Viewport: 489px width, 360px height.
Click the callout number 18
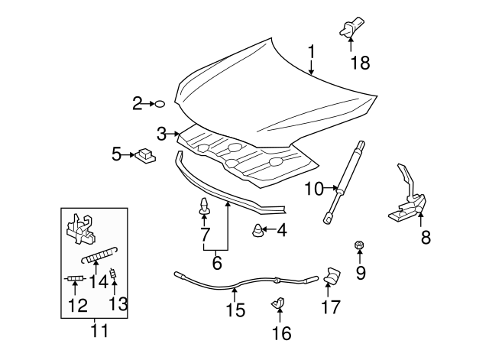pyautogui.click(x=359, y=63)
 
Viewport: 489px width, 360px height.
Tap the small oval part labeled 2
pyautogui.click(x=161, y=103)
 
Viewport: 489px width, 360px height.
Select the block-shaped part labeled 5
pyautogui.click(x=144, y=155)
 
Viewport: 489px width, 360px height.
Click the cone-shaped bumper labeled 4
pyautogui.click(x=259, y=229)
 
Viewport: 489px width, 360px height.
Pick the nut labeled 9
pyautogui.click(x=360, y=245)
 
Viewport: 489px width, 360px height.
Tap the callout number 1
pyautogui.click(x=313, y=52)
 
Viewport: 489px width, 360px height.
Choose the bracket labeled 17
pyautogui.click(x=332, y=276)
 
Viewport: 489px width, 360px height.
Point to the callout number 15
pyautogui.click(x=236, y=310)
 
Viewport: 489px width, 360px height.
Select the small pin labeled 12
pyautogui.click(x=74, y=279)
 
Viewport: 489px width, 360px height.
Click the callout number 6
pyautogui.click(x=216, y=262)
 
